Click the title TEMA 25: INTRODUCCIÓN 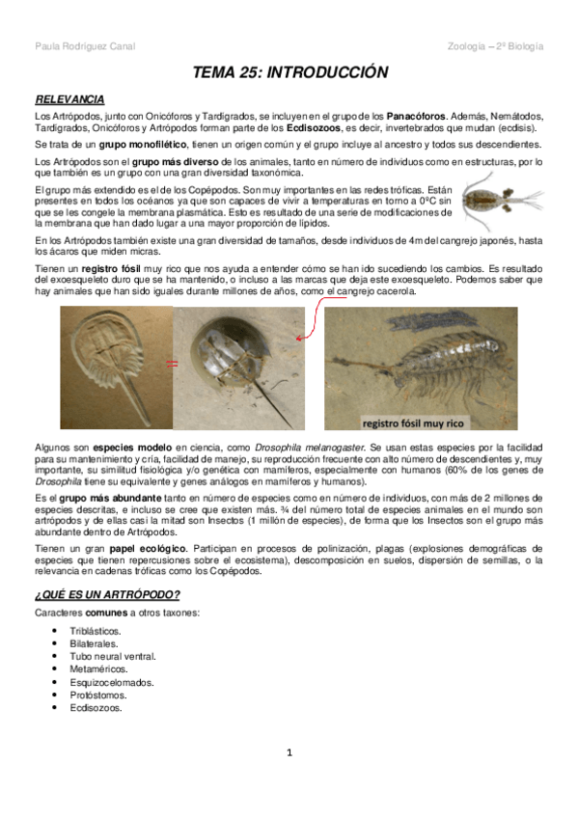(289, 73)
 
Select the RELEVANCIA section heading (69, 99)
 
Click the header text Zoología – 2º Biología (496, 46)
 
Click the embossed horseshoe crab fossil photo (116, 367)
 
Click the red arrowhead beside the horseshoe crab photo (301, 339)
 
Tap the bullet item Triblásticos (95, 630)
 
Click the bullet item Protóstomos (98, 695)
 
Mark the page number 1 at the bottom (289, 778)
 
